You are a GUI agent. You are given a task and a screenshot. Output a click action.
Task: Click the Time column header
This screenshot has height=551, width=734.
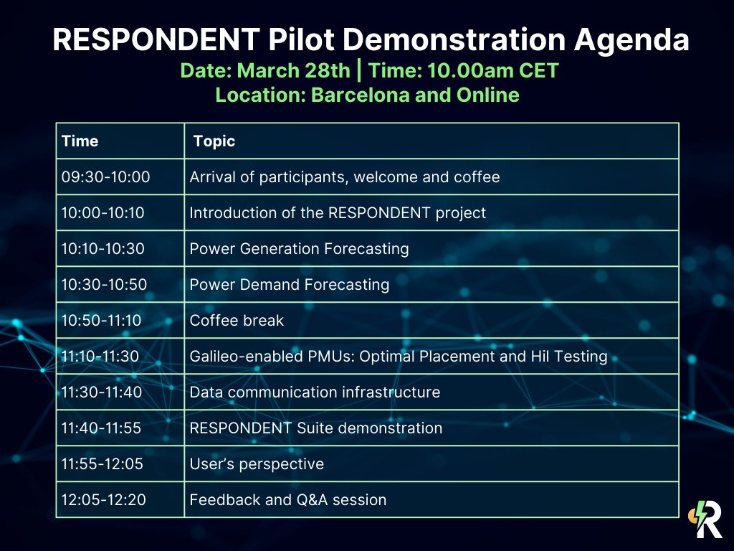80,141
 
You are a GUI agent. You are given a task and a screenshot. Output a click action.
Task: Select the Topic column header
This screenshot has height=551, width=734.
214,141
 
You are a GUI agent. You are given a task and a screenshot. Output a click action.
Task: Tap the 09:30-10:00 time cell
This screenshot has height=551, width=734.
106,177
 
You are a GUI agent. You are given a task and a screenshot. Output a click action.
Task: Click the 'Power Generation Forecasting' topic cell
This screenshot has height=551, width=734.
299,249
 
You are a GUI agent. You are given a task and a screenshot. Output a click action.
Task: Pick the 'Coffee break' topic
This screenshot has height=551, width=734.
237,321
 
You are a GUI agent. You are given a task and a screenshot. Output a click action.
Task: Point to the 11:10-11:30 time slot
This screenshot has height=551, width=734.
101,357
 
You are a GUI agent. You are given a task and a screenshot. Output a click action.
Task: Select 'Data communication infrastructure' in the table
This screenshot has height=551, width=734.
315,392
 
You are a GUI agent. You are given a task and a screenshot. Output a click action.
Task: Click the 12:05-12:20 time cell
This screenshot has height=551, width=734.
104,500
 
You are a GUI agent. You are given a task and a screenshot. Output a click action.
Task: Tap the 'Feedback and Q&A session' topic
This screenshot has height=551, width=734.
287,500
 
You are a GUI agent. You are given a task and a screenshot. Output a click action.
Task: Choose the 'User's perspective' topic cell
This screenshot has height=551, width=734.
257,464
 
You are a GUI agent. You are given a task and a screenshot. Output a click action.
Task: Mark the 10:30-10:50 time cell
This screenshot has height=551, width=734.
104,285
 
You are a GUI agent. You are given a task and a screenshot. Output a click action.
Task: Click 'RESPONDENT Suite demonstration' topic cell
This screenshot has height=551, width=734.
315,428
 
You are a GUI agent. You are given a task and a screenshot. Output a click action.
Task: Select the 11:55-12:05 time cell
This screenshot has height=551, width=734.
103,464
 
